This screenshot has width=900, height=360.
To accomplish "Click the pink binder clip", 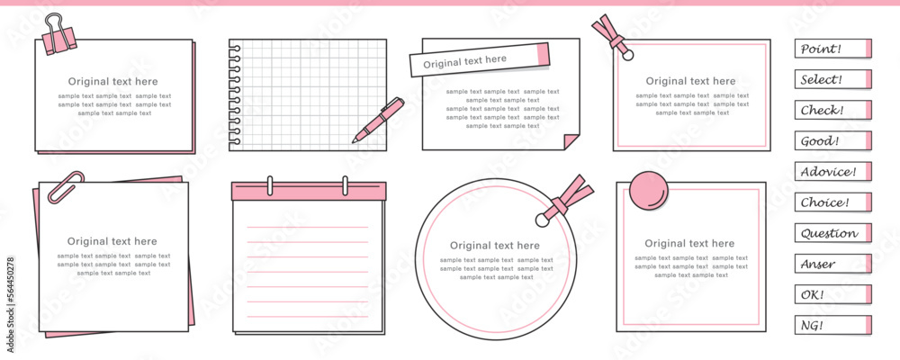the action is point(58,36).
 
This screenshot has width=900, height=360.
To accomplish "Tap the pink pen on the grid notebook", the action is point(378,120).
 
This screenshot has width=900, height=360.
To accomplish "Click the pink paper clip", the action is point(65,187).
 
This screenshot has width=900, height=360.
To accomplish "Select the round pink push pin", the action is point(649,191).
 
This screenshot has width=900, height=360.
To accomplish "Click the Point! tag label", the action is point(832,49).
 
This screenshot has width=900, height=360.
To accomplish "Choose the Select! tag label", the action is point(832,79).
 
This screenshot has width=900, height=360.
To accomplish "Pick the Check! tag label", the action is point(832,110).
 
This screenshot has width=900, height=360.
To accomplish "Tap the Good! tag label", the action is point(832,140).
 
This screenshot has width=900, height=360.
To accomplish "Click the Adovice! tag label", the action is point(832,172).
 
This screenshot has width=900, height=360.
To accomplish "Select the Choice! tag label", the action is point(832,202).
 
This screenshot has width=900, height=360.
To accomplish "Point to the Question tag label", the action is point(832,233).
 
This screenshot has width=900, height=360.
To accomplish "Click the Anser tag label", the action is point(832,264).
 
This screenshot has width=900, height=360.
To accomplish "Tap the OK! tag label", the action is point(832,294).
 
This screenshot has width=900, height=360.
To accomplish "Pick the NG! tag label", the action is point(832,325).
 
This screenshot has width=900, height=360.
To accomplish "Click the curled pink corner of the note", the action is point(571,140).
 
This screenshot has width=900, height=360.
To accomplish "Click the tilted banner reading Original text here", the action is point(480,59).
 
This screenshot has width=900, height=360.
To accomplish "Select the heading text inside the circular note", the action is point(495,246).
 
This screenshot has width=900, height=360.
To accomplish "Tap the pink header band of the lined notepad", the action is point(309,191).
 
